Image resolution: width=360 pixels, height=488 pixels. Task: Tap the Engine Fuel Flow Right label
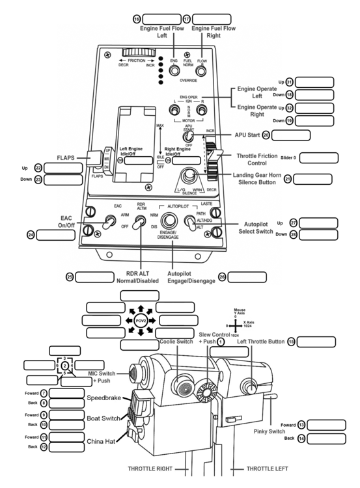pos(211,33)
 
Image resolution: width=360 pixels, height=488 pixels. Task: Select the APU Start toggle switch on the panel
pos(189,136)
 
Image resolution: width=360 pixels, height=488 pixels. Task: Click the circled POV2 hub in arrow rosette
pos(141,321)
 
